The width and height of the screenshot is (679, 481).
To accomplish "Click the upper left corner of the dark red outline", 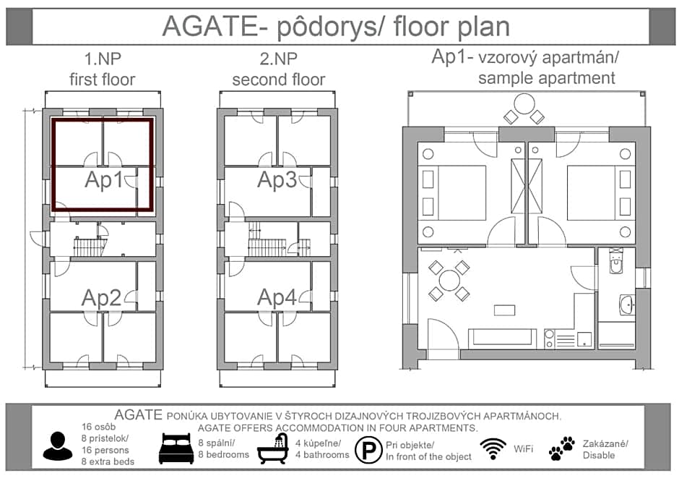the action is pyautogui.click(x=52, y=119).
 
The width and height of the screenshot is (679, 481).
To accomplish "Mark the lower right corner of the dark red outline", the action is pyautogui.click(x=153, y=210).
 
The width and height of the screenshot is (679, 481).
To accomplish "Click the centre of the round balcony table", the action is pyautogui.click(x=524, y=104).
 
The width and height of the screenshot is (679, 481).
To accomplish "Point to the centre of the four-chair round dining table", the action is pyautogui.click(x=449, y=280).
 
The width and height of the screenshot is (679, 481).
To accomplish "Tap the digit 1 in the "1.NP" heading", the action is pyautogui.click(x=87, y=59).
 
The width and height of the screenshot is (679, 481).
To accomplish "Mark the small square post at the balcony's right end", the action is pyautogui.click(x=643, y=94).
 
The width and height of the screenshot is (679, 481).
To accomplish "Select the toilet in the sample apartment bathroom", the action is pyautogui.click(x=615, y=261).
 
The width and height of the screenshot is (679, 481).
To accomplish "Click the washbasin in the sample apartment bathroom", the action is pyautogui.click(x=626, y=305).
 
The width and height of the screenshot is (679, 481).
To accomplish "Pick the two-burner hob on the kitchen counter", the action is pyautogui.click(x=549, y=339).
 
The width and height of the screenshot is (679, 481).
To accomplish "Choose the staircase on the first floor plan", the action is pyautogui.click(x=90, y=247).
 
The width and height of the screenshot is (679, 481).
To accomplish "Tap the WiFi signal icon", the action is pyautogui.click(x=493, y=448).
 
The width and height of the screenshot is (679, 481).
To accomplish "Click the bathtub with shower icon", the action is pyautogui.click(x=273, y=448).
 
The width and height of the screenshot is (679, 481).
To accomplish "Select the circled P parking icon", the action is pyautogui.click(x=368, y=450).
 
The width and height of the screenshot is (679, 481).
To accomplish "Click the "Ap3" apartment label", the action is pyautogui.click(x=277, y=179).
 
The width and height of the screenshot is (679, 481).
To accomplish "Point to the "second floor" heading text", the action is pyautogui.click(x=278, y=80).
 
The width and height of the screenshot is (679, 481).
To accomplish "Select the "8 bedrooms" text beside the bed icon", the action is pyautogui.click(x=223, y=454).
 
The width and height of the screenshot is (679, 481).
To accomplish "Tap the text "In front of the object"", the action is pyautogui.click(x=428, y=456).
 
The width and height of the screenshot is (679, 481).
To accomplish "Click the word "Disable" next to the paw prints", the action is pyautogui.click(x=598, y=456).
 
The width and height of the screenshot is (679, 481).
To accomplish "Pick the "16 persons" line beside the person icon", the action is pyautogui.click(x=105, y=450).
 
